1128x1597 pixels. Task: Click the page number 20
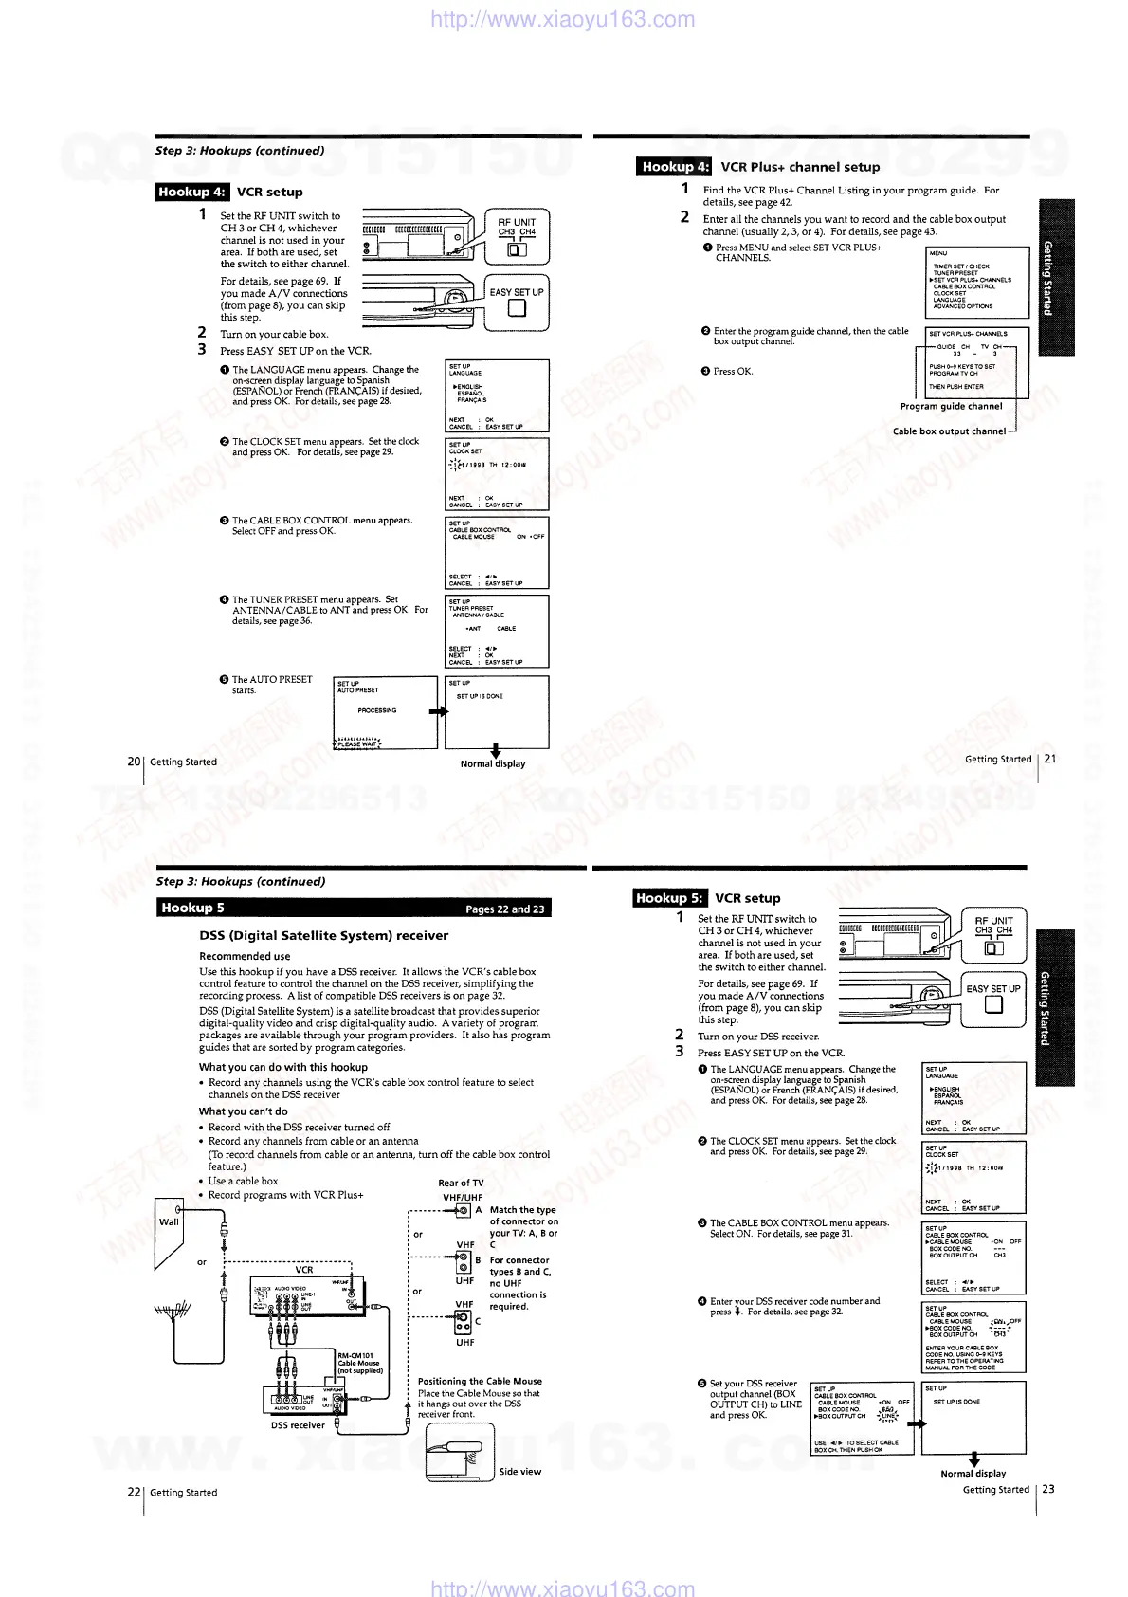tap(134, 762)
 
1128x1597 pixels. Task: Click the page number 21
tap(1049, 759)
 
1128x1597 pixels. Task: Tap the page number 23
tap(1048, 1489)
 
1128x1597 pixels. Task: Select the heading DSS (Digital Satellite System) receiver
tap(323, 935)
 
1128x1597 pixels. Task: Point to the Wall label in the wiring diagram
tap(169, 1221)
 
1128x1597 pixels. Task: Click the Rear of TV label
tap(461, 1183)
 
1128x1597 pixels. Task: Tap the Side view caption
tap(520, 1472)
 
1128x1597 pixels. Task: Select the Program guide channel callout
tap(951, 406)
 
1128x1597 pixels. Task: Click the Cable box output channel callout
tap(949, 431)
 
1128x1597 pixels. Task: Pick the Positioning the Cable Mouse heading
tap(480, 1381)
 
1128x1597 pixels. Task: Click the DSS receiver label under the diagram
tap(298, 1425)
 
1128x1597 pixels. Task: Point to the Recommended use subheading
tap(245, 956)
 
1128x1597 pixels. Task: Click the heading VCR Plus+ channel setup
tap(800, 167)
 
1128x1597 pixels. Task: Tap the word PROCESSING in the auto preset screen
tap(377, 710)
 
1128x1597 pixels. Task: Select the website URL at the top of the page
tap(562, 19)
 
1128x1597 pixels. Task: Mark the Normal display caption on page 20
tap(493, 763)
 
